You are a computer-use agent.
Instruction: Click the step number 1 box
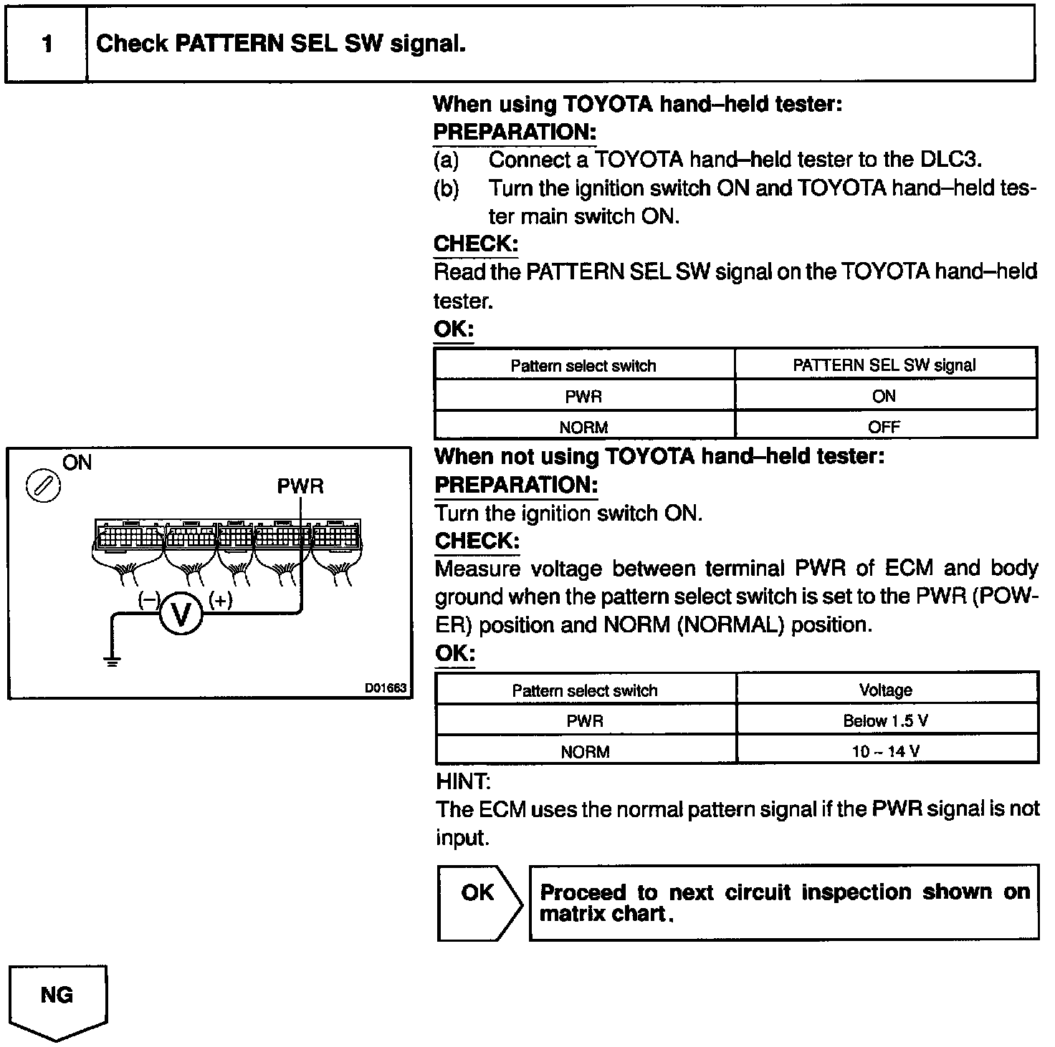[47, 44]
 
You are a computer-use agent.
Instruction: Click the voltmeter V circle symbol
[181, 615]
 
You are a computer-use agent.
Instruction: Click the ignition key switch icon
[43, 486]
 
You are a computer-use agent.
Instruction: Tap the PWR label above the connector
[300, 487]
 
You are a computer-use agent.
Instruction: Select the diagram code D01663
[386, 688]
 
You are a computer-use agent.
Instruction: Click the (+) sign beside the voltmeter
[220, 600]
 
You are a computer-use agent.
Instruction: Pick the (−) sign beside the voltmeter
[148, 600]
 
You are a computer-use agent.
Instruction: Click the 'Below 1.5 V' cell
[886, 721]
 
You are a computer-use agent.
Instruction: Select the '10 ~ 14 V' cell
[886, 752]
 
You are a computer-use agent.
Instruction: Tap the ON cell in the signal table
[884, 396]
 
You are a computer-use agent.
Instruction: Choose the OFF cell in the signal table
[884, 428]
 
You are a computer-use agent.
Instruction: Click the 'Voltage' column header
[886, 690]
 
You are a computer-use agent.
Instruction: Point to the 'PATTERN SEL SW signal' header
[884, 365]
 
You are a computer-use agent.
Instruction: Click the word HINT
[463, 781]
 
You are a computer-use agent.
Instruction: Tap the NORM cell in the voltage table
[585, 752]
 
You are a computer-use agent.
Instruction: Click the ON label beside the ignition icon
[77, 463]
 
